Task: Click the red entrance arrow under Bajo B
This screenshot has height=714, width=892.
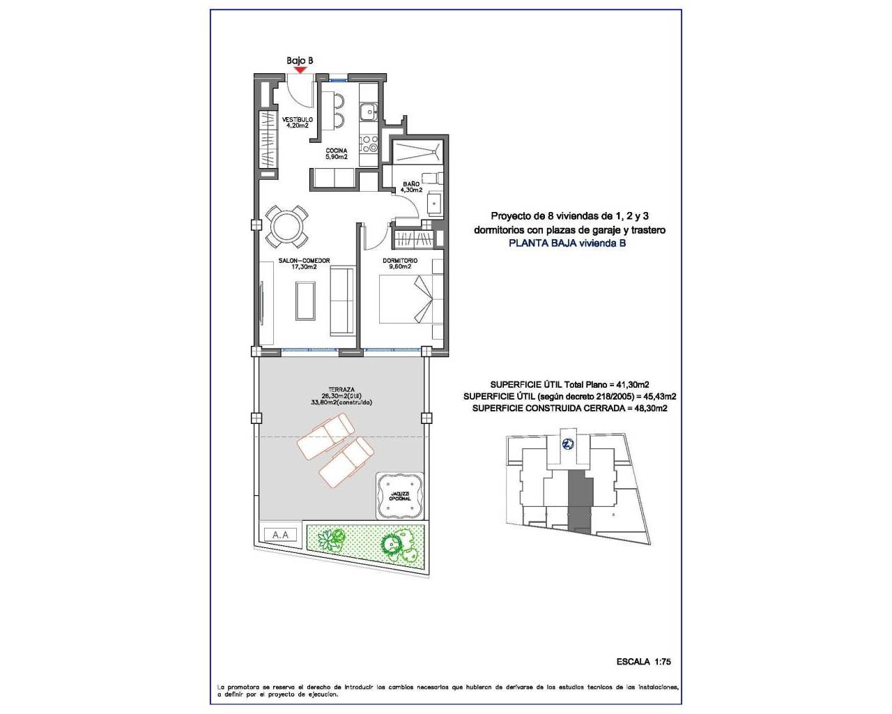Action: (300, 69)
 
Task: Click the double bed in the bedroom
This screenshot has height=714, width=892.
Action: (410, 299)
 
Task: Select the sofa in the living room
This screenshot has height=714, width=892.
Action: (341, 300)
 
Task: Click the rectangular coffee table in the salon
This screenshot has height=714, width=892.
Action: (305, 300)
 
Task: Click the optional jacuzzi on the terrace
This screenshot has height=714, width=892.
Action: (400, 496)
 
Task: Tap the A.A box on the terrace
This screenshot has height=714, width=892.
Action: (281, 535)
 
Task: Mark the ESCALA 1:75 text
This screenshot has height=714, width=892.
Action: (643, 662)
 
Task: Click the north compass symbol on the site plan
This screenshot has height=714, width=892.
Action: (568, 443)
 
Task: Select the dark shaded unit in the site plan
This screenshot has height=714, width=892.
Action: (578, 498)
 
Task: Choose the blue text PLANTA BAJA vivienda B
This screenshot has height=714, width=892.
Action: (567, 243)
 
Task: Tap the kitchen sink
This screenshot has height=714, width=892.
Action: (367, 111)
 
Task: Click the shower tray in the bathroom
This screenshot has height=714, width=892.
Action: (417, 151)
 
